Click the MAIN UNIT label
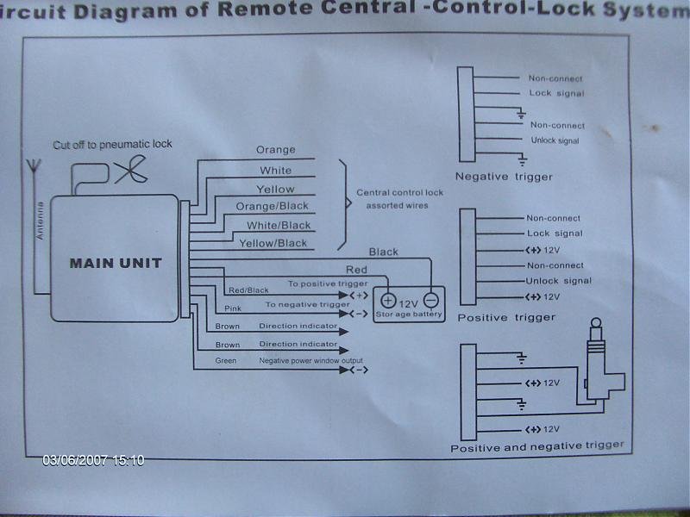(x=116, y=263)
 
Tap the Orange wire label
(x=275, y=150)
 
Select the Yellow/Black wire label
(x=273, y=243)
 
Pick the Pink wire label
(x=233, y=308)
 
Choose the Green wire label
(x=225, y=360)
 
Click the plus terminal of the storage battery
(x=388, y=301)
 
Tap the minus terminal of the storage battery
(x=430, y=300)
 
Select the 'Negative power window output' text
(x=311, y=360)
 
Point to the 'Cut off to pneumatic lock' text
(x=112, y=144)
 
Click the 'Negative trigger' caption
(x=504, y=177)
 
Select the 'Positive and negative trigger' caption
(x=536, y=445)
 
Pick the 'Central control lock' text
(x=399, y=193)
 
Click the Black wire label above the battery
(x=383, y=252)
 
